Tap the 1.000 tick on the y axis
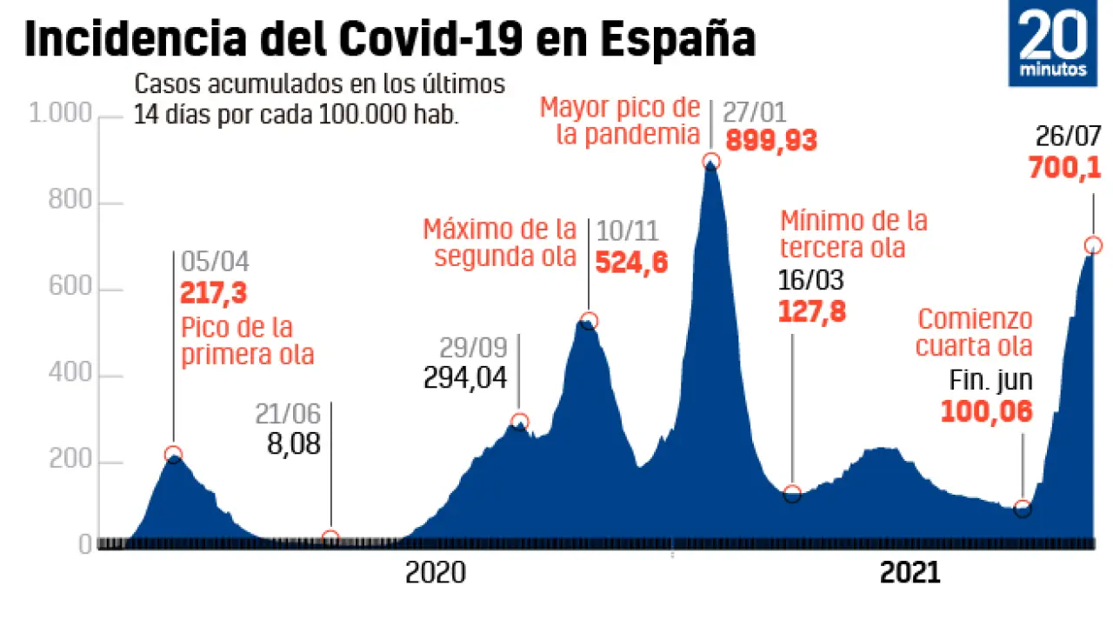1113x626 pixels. tap(60, 115)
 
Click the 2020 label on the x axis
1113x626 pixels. tap(435, 574)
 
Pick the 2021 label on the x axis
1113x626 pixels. tap(910, 574)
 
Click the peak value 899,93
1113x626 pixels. tap(771, 140)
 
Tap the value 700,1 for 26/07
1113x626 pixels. tap(1065, 168)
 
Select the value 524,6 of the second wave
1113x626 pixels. tap(631, 263)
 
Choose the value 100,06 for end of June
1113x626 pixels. tap(987, 410)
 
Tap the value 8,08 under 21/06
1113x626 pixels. tap(294, 444)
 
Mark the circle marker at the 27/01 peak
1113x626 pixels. tap(710, 161)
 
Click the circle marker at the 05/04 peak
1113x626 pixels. tap(173, 453)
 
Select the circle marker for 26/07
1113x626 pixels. tap(1093, 246)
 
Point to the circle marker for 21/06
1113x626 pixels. tap(330, 537)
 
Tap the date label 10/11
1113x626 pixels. tap(627, 231)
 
